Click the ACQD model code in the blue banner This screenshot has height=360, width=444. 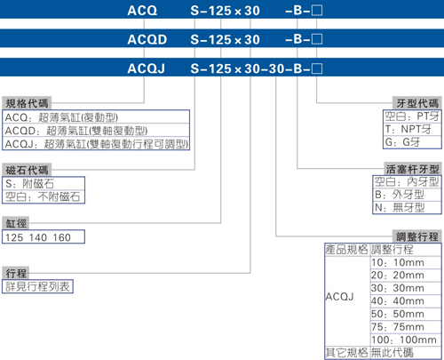pos(147,39)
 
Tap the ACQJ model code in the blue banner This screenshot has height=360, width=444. pos(146,68)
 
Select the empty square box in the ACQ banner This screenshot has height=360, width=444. pos(317,11)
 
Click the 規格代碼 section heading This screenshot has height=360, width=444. pos(27,103)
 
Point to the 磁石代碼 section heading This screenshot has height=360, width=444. pos(27,170)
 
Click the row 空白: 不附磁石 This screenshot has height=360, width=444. pos(43,196)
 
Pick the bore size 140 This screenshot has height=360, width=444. pos(38,237)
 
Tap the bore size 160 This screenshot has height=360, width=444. pos(62,237)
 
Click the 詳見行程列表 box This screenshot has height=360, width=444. pos(37,286)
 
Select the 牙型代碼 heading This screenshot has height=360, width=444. pos(417,103)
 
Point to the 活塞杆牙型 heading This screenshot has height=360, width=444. pos(412,169)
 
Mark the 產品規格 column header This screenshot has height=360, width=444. pos(346,250)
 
